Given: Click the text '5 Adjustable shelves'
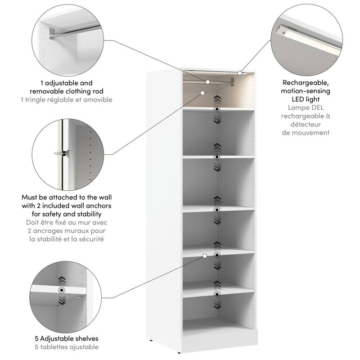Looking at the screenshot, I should coord(66,338).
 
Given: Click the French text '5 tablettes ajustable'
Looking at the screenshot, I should coord(66,347).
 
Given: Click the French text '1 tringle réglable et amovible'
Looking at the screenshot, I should coord(66,99).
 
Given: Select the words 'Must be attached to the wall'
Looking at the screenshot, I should coord(66,197).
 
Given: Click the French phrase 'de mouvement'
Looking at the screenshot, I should coord(306,132).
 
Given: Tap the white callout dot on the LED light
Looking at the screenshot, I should coord(240,72).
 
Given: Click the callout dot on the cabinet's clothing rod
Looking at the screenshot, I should coord(208,82).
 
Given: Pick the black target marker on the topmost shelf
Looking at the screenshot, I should coord(217,109).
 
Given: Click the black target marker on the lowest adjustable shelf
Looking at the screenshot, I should coord(217,294).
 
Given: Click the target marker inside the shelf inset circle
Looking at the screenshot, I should coord(60,290).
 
